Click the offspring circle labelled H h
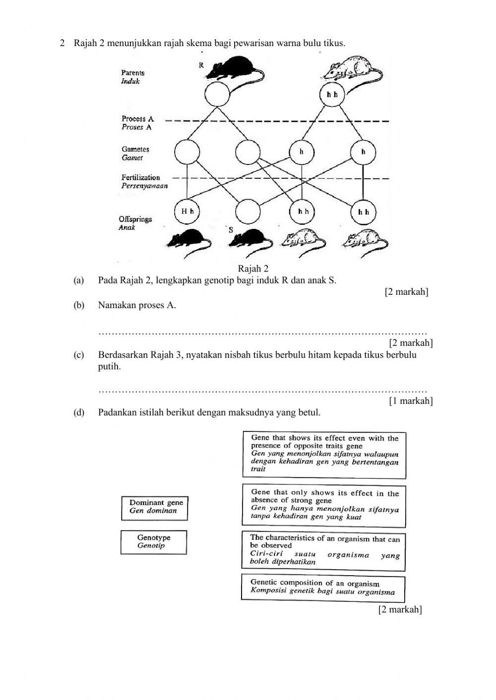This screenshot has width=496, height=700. click(187, 212)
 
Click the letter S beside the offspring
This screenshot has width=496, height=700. click(231, 229)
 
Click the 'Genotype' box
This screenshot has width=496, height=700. click(153, 541)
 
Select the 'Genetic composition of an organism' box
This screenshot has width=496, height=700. click(323, 588)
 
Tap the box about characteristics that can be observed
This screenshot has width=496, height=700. click(324, 550)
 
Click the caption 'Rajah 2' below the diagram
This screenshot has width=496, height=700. click(253, 269)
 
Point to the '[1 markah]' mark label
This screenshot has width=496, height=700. click(410, 400)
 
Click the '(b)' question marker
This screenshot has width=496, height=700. click(79, 305)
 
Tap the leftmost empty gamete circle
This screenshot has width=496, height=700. click(187, 152)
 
